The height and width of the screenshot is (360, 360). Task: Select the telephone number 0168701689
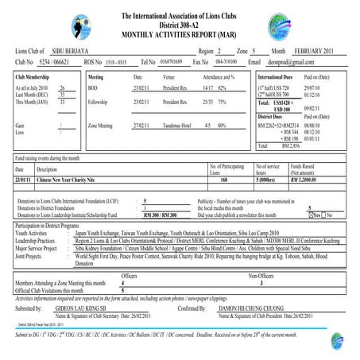pyautogui.click(x=172, y=61)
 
